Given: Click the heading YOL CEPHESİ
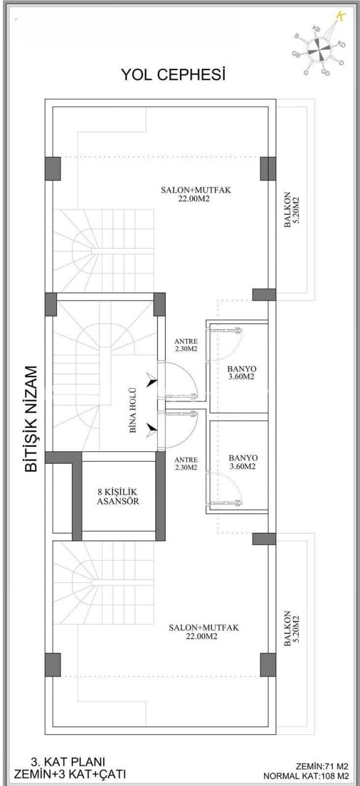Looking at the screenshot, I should [x=173, y=75].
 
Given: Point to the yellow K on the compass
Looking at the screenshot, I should [x=339, y=17].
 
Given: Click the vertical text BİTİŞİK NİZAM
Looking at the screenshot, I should [x=31, y=419].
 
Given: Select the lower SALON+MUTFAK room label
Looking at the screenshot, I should [x=203, y=632].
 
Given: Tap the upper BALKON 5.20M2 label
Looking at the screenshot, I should [x=291, y=212].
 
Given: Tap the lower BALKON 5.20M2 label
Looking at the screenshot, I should [x=291, y=628].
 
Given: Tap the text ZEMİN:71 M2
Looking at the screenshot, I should [x=321, y=766].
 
